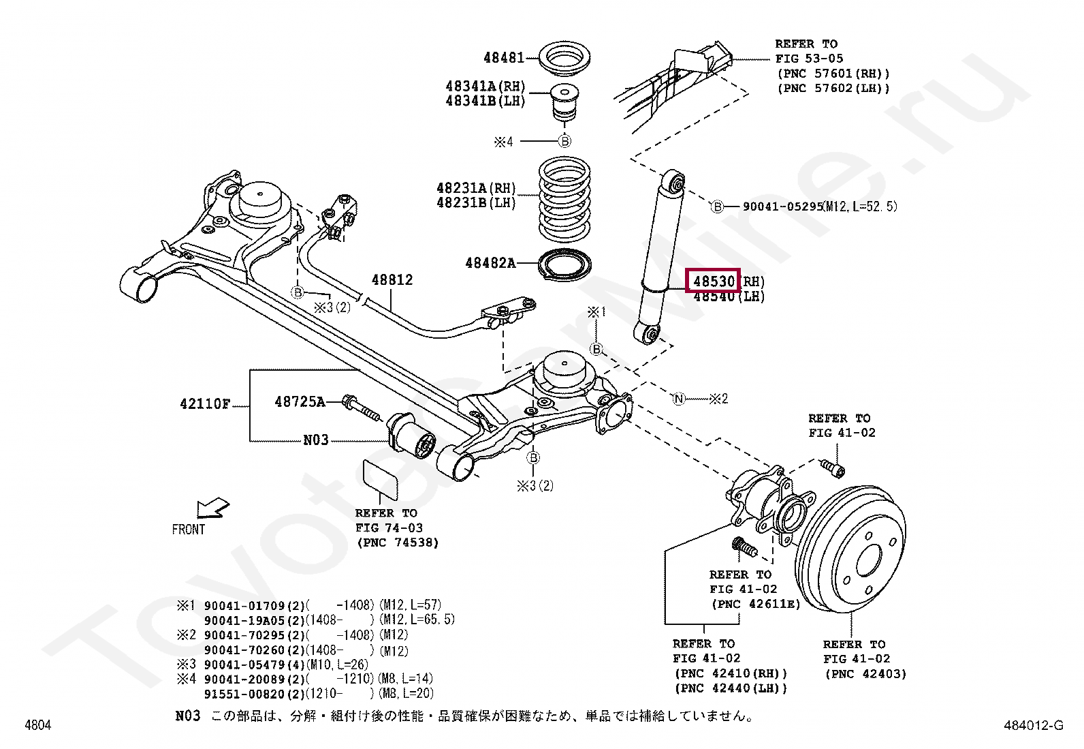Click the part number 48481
click(504, 58)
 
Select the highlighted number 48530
click(714, 281)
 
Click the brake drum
click(850, 549)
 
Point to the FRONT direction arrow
click(212, 508)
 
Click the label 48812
click(392, 280)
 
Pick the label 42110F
click(205, 403)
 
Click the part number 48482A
click(490, 263)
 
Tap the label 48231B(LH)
click(476, 202)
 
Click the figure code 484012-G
click(1034, 725)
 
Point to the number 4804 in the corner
click(37, 724)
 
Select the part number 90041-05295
click(783, 207)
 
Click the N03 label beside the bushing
click(315, 440)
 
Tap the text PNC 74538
click(398, 542)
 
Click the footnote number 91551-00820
click(245, 694)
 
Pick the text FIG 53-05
click(809, 59)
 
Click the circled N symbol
click(678, 399)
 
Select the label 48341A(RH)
click(485, 87)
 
